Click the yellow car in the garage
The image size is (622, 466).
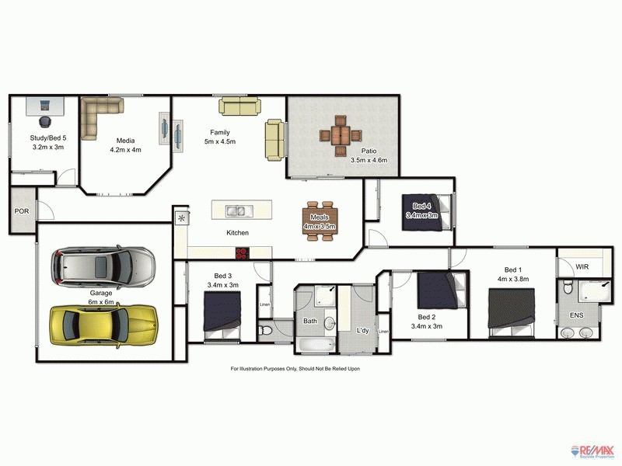[103, 324]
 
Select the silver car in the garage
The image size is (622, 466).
[103, 266]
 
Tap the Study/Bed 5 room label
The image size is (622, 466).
[47, 142]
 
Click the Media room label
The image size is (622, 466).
[125, 145]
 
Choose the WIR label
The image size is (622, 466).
[581, 267]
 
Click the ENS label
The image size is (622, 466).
[576, 315]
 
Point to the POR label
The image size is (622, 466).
[21, 211]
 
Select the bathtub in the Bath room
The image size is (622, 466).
[316, 345]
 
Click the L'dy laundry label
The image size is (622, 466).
[362, 331]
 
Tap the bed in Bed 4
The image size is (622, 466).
[421, 211]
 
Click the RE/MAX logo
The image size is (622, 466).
[594, 450]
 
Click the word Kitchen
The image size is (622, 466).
[237, 233]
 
